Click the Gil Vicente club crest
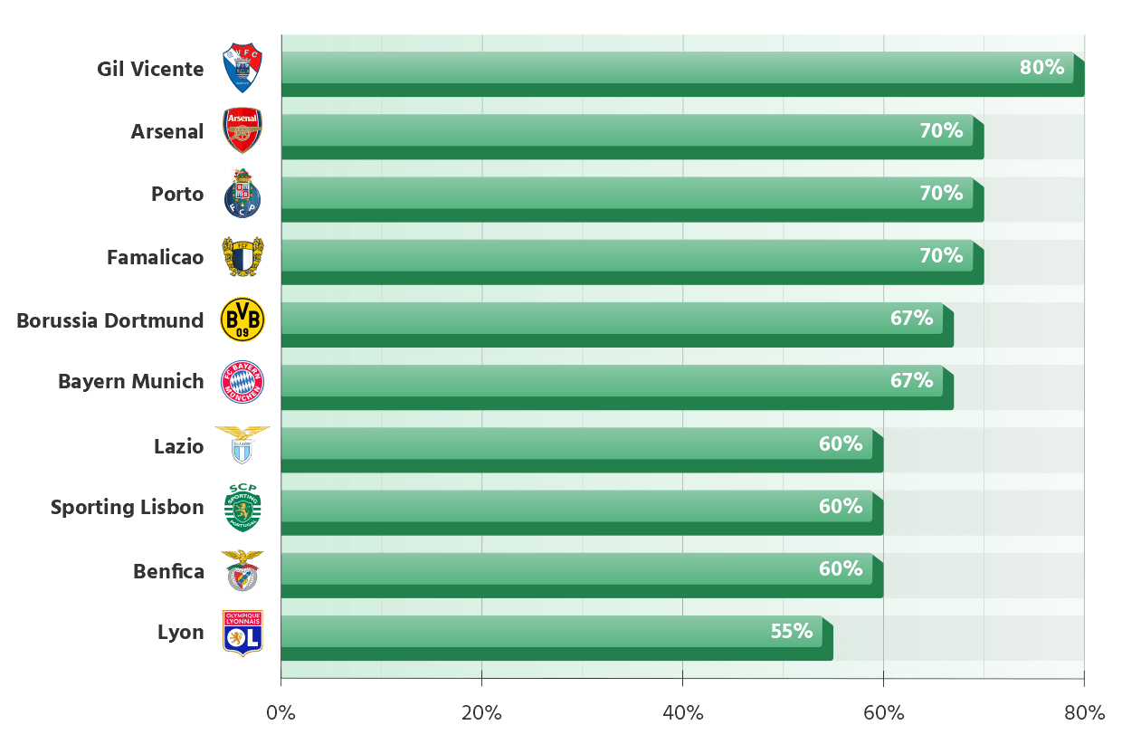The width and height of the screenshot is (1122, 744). coord(242,68)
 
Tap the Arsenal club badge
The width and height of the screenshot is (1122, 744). coord(242,130)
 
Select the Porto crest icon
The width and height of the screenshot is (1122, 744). coord(242,194)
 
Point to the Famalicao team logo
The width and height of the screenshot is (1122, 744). coord(242,256)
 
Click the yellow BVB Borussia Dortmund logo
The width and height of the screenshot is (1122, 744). coord(242,320)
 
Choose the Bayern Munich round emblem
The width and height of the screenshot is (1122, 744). coord(242,381)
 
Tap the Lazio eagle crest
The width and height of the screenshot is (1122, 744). coord(242,444)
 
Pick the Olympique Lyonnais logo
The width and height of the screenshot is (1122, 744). coord(242,632)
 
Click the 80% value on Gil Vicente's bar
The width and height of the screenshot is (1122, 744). coord(1041,67)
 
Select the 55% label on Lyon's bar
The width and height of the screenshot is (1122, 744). coord(792,631)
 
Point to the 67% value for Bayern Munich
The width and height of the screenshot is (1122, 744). coord(911,380)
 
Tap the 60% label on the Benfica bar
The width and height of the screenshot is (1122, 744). coord(841,568)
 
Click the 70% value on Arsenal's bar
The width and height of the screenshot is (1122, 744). coord(941,130)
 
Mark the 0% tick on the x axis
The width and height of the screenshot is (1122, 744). coord(281,712)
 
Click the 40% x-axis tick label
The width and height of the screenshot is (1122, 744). coord(683,712)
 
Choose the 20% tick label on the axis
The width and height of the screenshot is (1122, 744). coord(481,712)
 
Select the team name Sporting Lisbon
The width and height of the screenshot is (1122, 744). coord(128,507)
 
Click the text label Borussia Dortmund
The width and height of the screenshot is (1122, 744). coord(110,320)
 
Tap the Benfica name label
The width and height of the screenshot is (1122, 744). coord(168,571)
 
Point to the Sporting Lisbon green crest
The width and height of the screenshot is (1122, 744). coord(242,508)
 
